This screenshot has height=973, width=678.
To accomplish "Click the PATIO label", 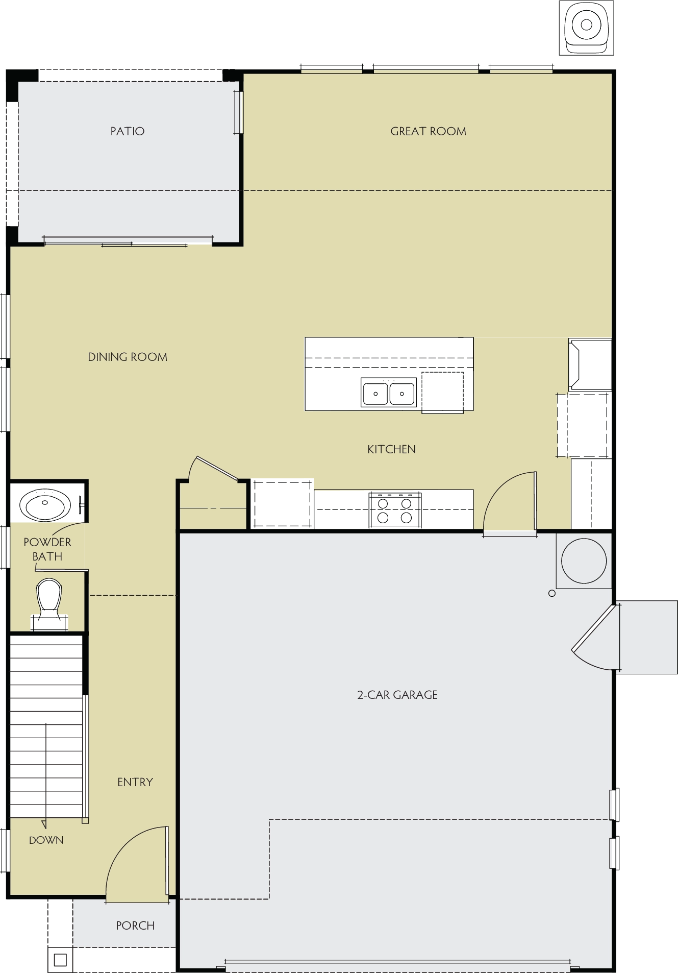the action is (x=128, y=131).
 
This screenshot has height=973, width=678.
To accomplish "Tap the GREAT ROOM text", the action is (x=428, y=131).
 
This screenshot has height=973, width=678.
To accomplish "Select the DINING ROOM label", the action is (x=128, y=357).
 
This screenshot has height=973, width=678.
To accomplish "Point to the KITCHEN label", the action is (x=391, y=449).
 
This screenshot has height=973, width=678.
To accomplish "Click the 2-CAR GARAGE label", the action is (x=397, y=695).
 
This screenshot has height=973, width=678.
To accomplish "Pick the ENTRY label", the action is (x=135, y=782).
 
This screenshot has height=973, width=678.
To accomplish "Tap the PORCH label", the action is (x=135, y=926).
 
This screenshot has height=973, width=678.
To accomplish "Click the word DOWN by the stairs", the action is (x=46, y=840).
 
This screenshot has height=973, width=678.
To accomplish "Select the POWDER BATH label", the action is (x=47, y=549).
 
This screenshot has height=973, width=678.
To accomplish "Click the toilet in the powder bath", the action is (x=49, y=602).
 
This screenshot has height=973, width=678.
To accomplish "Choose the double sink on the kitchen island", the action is (x=389, y=392).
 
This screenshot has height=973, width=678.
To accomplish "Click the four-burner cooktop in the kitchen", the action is (x=395, y=510).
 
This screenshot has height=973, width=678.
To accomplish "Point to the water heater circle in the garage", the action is (x=584, y=561).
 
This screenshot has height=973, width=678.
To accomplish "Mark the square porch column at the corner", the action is (x=60, y=960).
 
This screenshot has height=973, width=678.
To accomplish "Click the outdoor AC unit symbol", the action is (x=586, y=28).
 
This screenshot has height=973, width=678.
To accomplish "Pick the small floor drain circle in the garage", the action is (x=551, y=593).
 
